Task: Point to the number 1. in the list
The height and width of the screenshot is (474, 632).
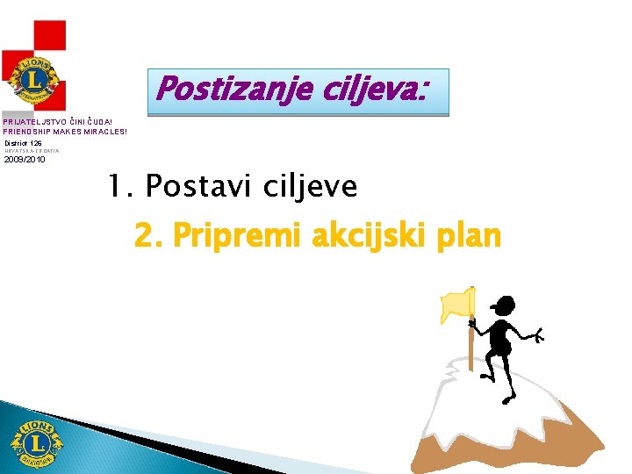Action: [x=119, y=185]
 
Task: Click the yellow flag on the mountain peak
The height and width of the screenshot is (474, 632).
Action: [x=456, y=303]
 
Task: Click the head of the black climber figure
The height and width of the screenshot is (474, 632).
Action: [x=503, y=305]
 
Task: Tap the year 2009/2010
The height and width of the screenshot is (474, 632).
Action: [x=25, y=160]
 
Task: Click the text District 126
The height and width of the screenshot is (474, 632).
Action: [x=23, y=142]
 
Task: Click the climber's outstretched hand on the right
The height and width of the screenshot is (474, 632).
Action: [x=539, y=334]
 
